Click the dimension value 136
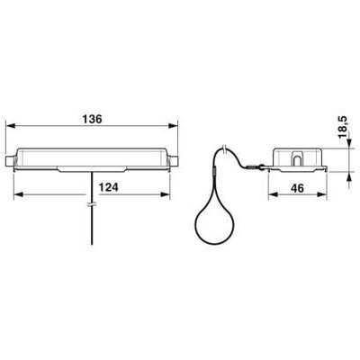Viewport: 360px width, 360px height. [93, 119]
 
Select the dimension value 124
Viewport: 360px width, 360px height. [109, 187]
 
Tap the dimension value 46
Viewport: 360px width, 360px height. [297, 188]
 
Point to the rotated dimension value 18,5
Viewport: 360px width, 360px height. [343, 127]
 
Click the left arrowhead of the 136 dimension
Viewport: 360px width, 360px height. [10, 126]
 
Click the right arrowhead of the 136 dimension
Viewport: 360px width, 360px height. [174, 126]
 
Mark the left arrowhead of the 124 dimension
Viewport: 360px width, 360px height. [19, 194]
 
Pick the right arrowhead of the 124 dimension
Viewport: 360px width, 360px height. [166, 194]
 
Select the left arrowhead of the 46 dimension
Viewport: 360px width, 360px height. [272, 194]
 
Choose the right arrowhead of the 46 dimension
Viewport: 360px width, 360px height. [322, 194]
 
